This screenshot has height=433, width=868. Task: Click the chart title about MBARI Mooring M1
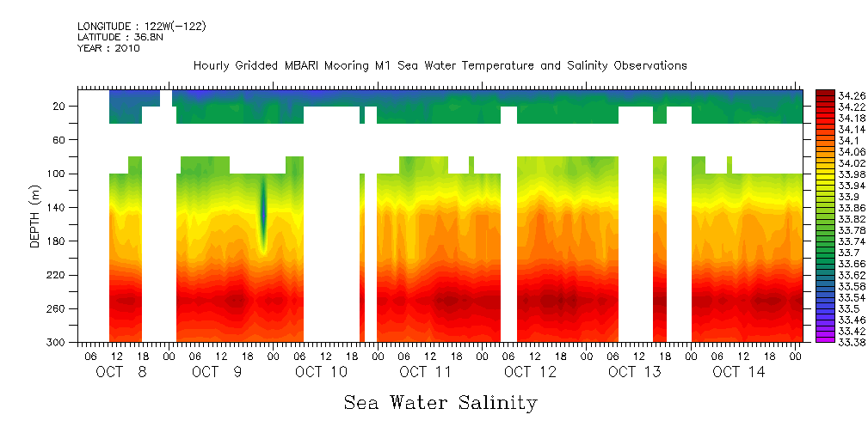coord(440,65)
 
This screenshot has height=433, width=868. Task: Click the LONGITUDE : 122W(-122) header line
coord(141,27)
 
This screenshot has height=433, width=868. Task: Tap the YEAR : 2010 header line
coord(108,48)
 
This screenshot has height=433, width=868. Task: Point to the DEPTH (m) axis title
coord(35,215)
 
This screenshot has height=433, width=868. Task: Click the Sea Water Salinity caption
coord(440,402)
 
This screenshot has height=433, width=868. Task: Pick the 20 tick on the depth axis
coord(59,106)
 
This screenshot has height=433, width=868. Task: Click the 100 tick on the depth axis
coord(57,174)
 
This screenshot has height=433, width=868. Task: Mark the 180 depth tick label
coord(57,241)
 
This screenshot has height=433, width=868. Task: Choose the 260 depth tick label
coord(57,308)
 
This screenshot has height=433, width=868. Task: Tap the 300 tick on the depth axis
coord(57,342)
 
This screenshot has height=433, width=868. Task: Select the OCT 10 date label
coord(321,372)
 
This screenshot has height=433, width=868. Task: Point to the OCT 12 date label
coord(530,372)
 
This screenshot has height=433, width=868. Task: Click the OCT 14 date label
coord(739,372)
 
